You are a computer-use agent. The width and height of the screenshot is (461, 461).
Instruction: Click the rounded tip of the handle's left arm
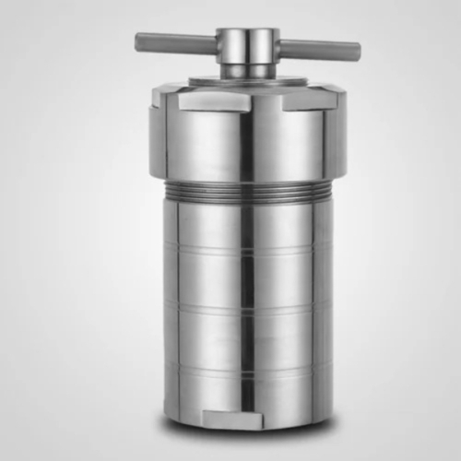click(139, 41)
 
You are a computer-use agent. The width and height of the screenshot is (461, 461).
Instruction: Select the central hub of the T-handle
click(248, 43)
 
